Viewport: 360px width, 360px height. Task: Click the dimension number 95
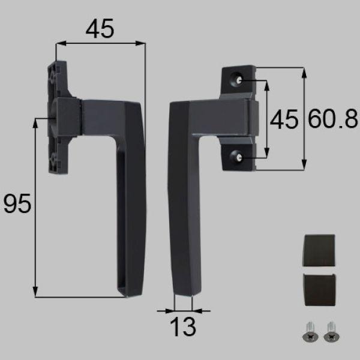[x=17, y=205]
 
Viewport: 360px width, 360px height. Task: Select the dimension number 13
[x=184, y=328]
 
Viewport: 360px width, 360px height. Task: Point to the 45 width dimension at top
[x=100, y=28]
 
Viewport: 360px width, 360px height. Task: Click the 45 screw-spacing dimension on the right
[x=283, y=120]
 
